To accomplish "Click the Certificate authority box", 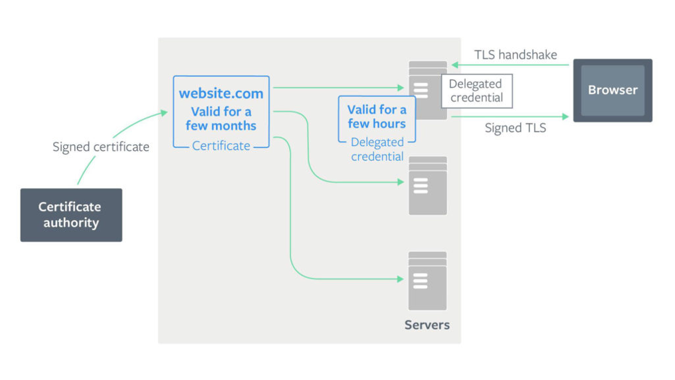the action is tap(71, 215).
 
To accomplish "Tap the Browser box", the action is tap(613, 90).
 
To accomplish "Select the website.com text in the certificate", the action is tap(221, 94).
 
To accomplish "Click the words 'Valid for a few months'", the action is tap(221, 118).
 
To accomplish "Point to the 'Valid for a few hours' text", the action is tap(377, 117).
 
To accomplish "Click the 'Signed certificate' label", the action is tap(101, 147).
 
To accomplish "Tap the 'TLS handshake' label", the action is tap(516, 54).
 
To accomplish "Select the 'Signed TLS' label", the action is tap(516, 128).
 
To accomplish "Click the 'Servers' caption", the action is tap(427, 325).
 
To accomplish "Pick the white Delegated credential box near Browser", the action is tap(476, 91).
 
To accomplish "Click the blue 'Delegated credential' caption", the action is tap(377, 149).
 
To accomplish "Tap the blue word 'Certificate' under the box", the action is tap(221, 146).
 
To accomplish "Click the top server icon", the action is tap(427, 90).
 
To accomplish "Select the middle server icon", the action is tap(427, 185).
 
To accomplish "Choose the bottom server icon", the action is tap(427, 280).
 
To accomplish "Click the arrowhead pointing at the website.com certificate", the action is tap(164, 113).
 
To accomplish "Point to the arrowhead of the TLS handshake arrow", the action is tap(454, 65).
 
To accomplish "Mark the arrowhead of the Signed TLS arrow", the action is tap(565, 116).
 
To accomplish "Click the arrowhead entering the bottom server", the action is tap(401, 279).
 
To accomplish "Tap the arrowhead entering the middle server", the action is tap(401, 182).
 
